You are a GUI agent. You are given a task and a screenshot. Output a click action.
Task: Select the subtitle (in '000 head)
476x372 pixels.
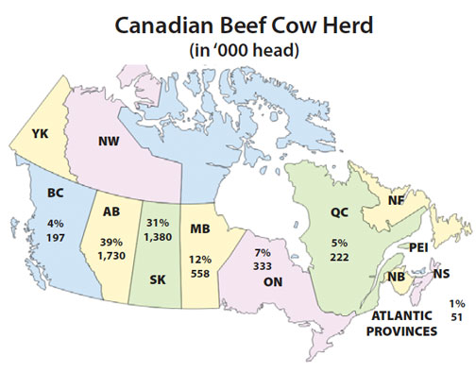[x=239, y=50]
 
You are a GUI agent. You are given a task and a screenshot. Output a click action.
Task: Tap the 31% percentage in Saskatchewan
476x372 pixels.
[x=160, y=222]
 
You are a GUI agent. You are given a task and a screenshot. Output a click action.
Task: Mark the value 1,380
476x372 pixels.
[x=160, y=235]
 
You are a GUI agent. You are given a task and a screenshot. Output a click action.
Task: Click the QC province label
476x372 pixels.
[x=340, y=213]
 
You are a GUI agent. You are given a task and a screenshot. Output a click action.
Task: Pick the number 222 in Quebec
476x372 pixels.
[x=341, y=257]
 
